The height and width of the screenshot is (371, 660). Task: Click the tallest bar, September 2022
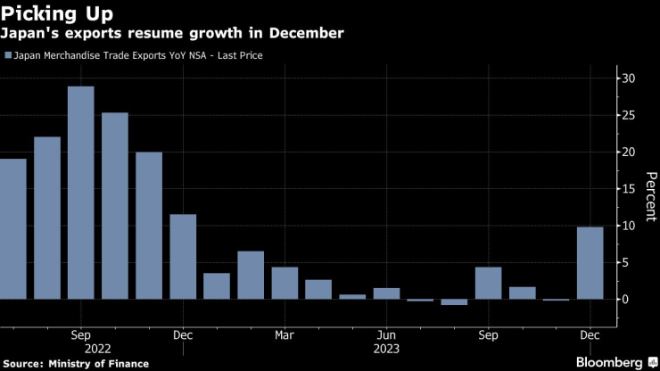[x=80, y=193]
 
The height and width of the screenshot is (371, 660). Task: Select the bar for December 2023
[x=590, y=263]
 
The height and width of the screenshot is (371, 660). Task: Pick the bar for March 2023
[x=285, y=283]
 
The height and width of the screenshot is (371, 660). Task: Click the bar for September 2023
[x=488, y=283]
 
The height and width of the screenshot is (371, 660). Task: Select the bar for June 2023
[x=386, y=293]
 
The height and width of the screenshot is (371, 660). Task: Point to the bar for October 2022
[x=114, y=206]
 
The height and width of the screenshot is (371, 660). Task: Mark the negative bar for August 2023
[x=454, y=302]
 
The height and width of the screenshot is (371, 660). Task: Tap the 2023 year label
[x=386, y=351]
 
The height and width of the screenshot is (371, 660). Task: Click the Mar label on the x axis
[x=285, y=336]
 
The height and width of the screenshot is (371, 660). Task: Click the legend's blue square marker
[x=9, y=55]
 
